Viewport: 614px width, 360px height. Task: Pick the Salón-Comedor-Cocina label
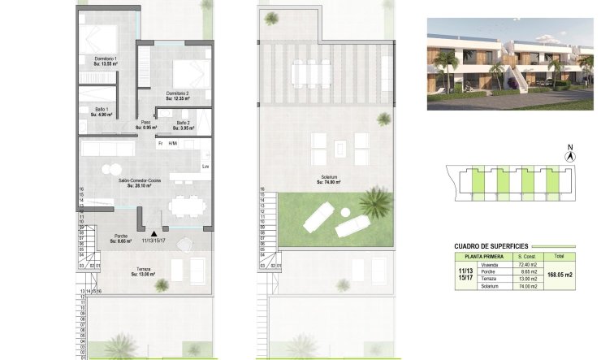tap(141, 182)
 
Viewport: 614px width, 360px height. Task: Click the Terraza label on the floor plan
tap(142, 272)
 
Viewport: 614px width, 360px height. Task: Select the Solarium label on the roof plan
tap(328, 180)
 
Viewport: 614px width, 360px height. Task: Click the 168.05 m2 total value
tap(560, 275)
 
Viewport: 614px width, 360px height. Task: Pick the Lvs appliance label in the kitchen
tap(205, 167)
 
